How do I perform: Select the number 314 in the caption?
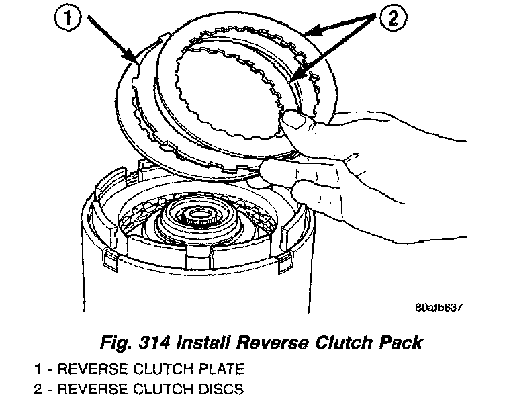click(x=152, y=343)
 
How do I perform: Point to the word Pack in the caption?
click(x=401, y=343)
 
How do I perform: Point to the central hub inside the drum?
click(x=201, y=222)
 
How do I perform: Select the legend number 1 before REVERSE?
click(x=39, y=369)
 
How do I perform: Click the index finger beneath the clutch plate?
click(x=275, y=176)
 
